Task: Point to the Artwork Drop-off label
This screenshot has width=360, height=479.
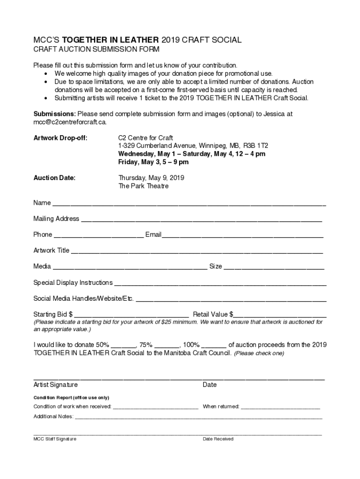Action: pyautogui.click(x=60, y=138)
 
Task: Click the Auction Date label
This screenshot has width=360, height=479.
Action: pyautogui.click(x=54, y=178)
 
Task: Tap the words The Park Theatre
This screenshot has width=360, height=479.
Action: pyautogui.click(x=143, y=186)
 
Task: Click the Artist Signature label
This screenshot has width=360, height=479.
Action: pyautogui.click(x=56, y=385)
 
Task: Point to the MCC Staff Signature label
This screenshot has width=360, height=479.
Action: pyautogui.click(x=55, y=439)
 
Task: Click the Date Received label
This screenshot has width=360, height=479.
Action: pyautogui.click(x=218, y=439)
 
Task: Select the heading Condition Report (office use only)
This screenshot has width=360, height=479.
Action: pyautogui.click(x=71, y=398)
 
